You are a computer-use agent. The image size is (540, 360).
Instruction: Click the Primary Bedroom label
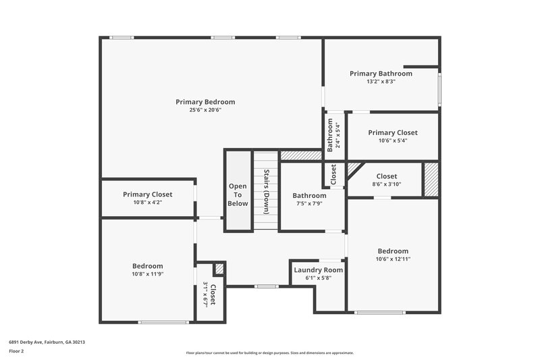[205, 102]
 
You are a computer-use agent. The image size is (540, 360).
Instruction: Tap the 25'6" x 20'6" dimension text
[205, 110]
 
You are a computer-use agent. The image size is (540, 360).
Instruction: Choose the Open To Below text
[238, 195]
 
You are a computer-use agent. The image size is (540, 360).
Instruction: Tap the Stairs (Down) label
[267, 190]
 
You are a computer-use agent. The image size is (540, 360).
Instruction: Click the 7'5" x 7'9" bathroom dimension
[309, 203]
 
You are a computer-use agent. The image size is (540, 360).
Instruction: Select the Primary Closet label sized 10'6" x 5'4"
[393, 132]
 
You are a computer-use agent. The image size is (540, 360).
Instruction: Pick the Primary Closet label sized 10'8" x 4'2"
[148, 195]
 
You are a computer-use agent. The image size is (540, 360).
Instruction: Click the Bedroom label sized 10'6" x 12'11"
[393, 251]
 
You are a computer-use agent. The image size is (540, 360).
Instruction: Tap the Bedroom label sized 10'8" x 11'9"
[147, 266]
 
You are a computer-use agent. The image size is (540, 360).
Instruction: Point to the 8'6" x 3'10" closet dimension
[387, 184]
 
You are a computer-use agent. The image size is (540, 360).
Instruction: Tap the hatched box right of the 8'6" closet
[431, 179]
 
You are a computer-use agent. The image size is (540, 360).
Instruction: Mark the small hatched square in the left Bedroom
[219, 269]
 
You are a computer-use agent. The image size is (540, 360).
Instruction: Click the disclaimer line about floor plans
[270, 353]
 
